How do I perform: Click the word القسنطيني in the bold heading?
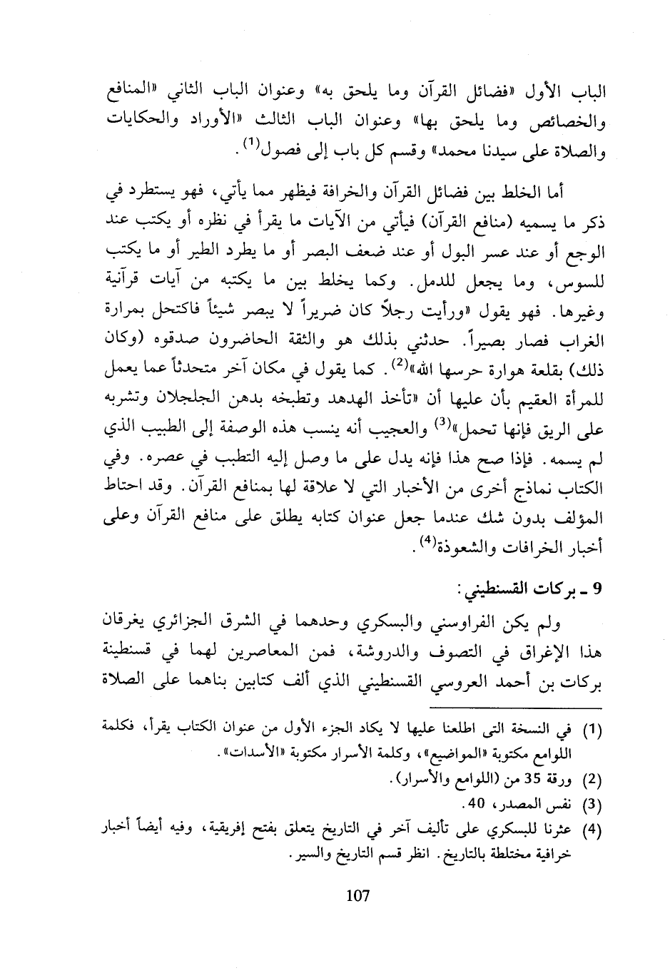pos(497,589)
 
